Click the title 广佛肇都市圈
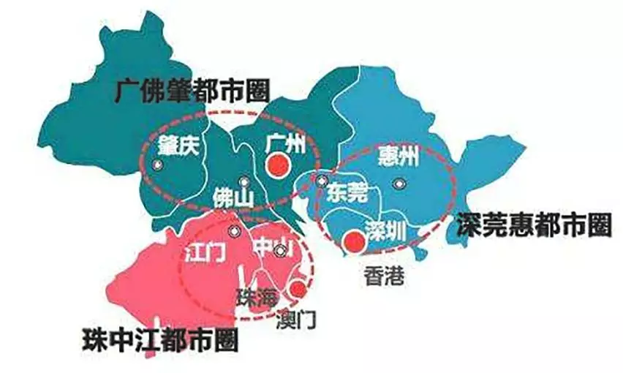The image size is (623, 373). tap(192, 91)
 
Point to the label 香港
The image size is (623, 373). tap(383, 274)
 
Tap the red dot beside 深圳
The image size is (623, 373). tap(355, 238)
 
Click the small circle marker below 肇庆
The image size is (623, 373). tap(156, 166)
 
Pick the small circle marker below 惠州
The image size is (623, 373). tap(397, 184)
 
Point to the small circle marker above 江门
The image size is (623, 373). tap(234, 231)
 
